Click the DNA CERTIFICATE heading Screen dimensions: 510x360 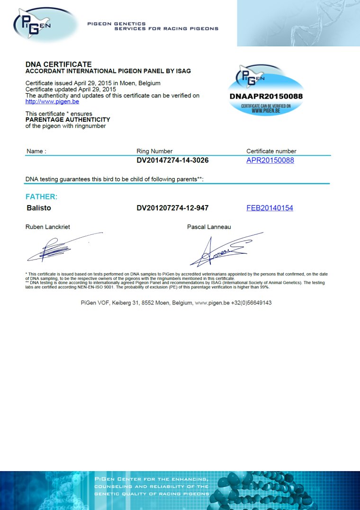tap(58, 64)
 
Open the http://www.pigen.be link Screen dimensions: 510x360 tap(52, 101)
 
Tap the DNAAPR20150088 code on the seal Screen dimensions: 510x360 tap(266, 96)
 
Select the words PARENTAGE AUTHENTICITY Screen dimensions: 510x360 tap(67, 120)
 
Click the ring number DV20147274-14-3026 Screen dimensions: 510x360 tap(172, 161)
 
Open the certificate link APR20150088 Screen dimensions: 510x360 tap(270, 161)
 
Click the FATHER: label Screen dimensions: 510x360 tap(41, 197)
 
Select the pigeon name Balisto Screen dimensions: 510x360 tap(39, 208)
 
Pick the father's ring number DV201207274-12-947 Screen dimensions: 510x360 tap(172, 208)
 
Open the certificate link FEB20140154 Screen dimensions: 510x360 tap(270, 208)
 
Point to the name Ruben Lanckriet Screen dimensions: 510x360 tap(47, 227)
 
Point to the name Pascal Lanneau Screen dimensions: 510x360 tap(209, 227)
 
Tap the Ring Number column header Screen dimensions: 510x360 tap(154, 151)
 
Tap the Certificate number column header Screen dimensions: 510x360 tap(271, 151)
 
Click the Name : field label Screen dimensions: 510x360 tap(36, 151)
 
